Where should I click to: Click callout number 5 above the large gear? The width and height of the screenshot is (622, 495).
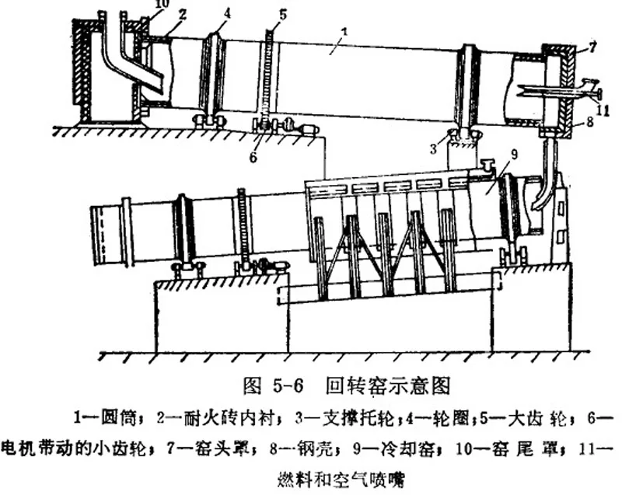pyautogui.click(x=282, y=13)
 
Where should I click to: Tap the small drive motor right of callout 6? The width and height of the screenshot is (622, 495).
pyautogui.click(x=309, y=130)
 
